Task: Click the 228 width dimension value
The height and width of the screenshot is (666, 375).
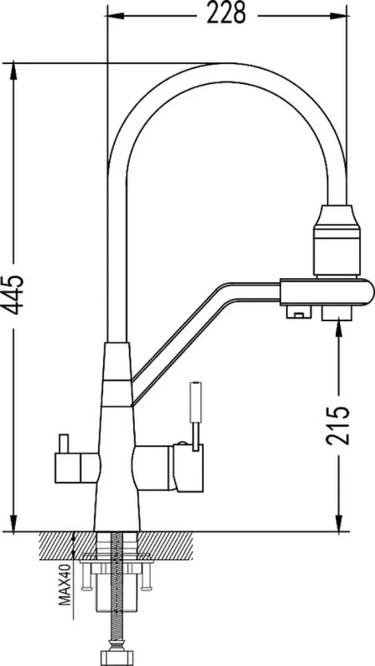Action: pos(226,14)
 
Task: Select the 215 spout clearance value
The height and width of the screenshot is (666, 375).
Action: pos(339,425)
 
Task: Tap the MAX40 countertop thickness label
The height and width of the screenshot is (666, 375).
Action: pos(65,584)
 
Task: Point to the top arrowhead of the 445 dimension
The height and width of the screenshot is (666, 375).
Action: pos(14,69)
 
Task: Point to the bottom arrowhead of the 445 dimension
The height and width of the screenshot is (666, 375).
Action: pos(14,523)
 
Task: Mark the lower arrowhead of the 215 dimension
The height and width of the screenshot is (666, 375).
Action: pos(339,523)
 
